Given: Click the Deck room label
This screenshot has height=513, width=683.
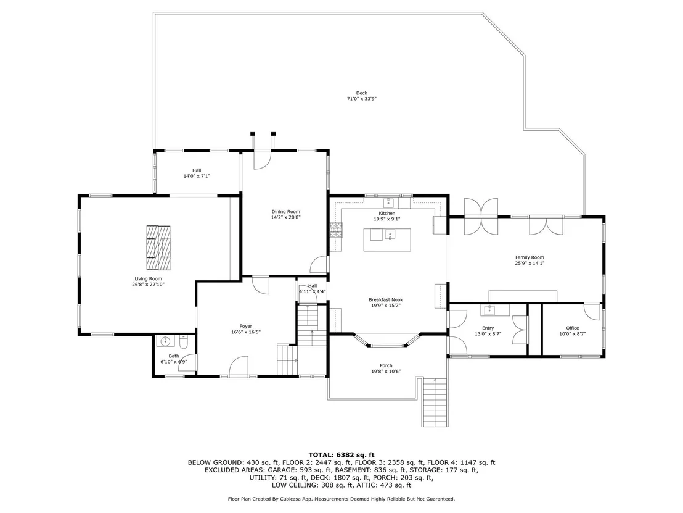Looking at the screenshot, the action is [362, 93].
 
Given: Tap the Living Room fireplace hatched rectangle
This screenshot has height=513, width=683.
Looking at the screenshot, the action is [158, 248].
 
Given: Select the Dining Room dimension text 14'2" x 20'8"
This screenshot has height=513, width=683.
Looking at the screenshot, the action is [286, 217].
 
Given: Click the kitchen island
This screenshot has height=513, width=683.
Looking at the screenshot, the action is [387, 240].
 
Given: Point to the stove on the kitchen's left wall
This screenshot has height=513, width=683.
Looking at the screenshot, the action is [337, 230].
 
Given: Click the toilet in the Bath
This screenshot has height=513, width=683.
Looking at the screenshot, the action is [183, 343].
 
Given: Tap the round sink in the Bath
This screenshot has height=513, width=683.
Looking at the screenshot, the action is [165, 341].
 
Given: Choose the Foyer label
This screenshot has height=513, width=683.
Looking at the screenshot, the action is [246, 326].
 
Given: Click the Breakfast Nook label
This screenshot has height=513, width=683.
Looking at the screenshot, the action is [386, 299].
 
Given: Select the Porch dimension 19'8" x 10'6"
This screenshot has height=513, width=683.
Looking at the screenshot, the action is [386, 372].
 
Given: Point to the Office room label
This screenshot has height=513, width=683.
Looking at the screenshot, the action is [573, 328].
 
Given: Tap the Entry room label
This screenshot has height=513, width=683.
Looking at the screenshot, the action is [488, 328].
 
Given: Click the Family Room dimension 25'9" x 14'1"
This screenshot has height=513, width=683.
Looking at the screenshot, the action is [530, 263].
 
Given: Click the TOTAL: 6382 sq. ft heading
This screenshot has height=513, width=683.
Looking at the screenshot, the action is [341, 455].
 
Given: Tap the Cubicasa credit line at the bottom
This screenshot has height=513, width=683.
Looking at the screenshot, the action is [341, 499].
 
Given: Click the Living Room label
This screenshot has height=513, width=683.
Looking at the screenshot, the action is [148, 279].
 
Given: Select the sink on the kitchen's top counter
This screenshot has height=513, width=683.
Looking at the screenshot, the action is [388, 202].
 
